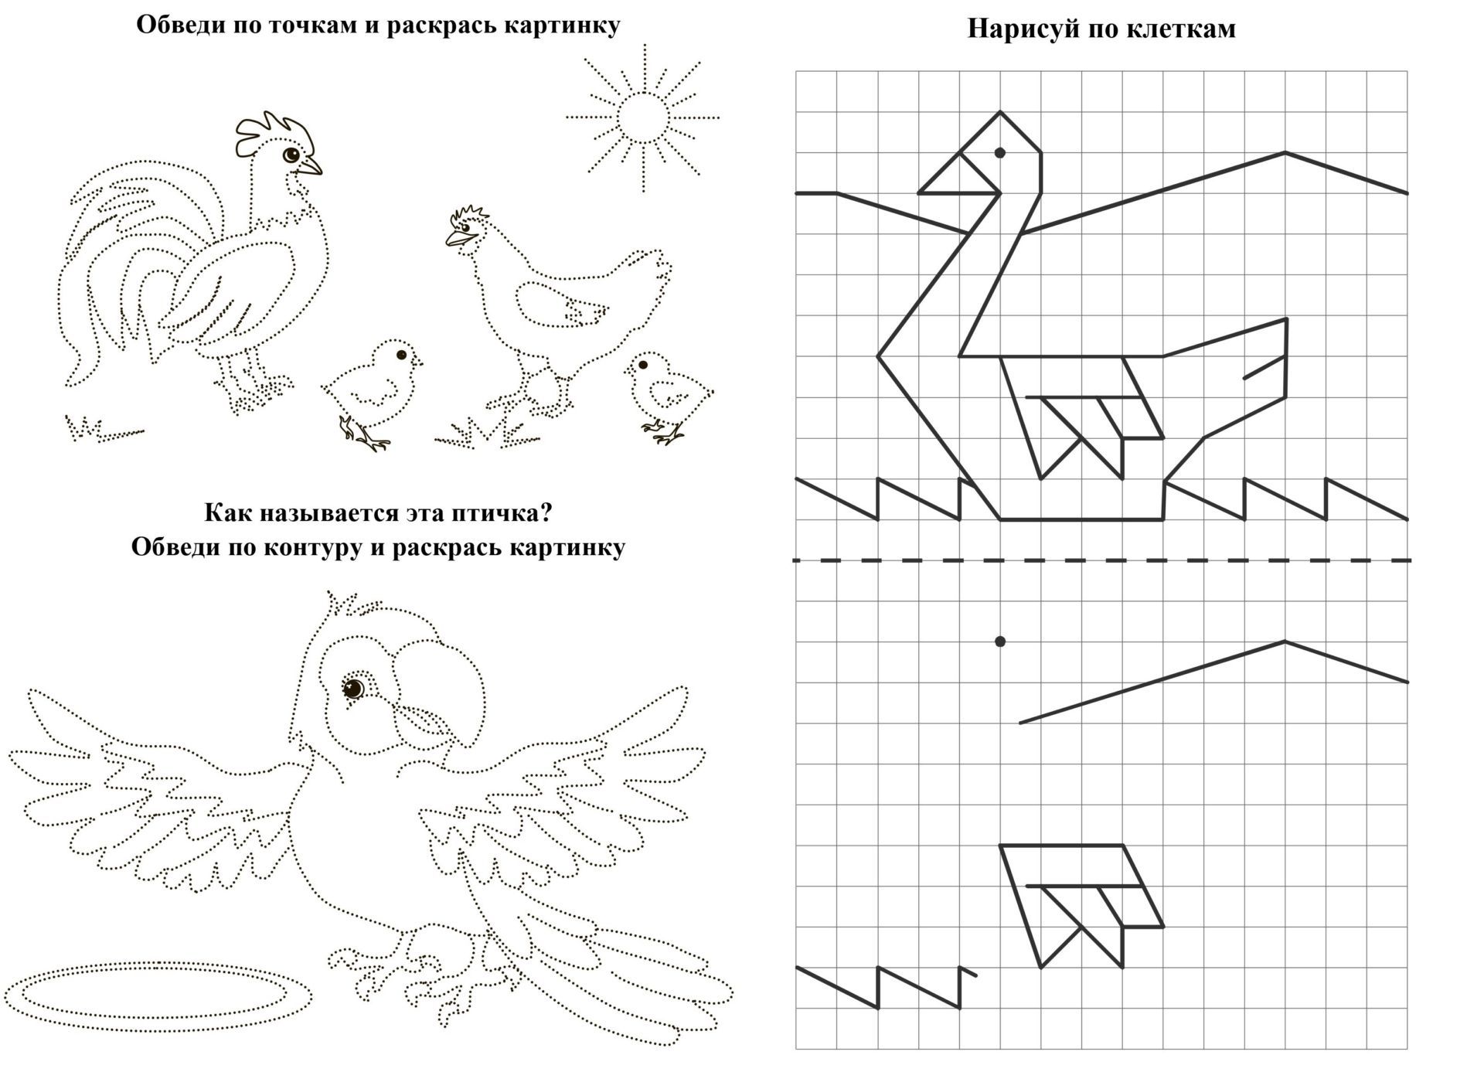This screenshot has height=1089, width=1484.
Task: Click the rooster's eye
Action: (291, 155)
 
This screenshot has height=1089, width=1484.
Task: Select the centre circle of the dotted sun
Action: (642, 117)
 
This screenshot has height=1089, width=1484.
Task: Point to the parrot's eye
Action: (353, 687)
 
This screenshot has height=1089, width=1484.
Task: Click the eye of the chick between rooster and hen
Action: (401, 355)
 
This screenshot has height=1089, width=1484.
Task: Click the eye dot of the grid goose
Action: (999, 153)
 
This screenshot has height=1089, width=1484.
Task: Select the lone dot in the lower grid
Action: (1000, 641)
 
